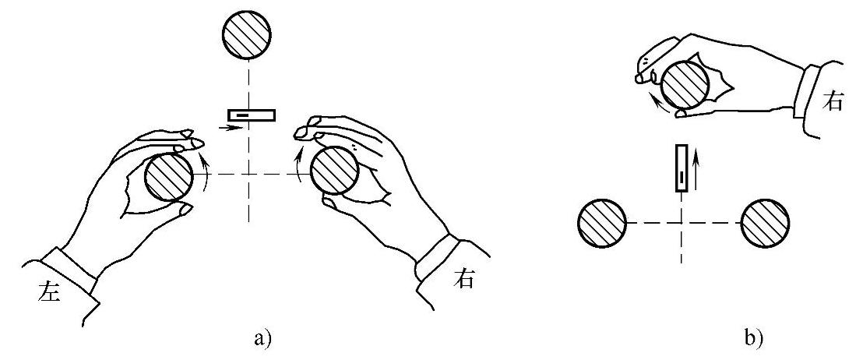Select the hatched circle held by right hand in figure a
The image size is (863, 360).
(335, 170)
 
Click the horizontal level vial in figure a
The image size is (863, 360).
(251, 115)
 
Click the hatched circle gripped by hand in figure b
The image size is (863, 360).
(685, 83)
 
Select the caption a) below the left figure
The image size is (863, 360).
(262, 340)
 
